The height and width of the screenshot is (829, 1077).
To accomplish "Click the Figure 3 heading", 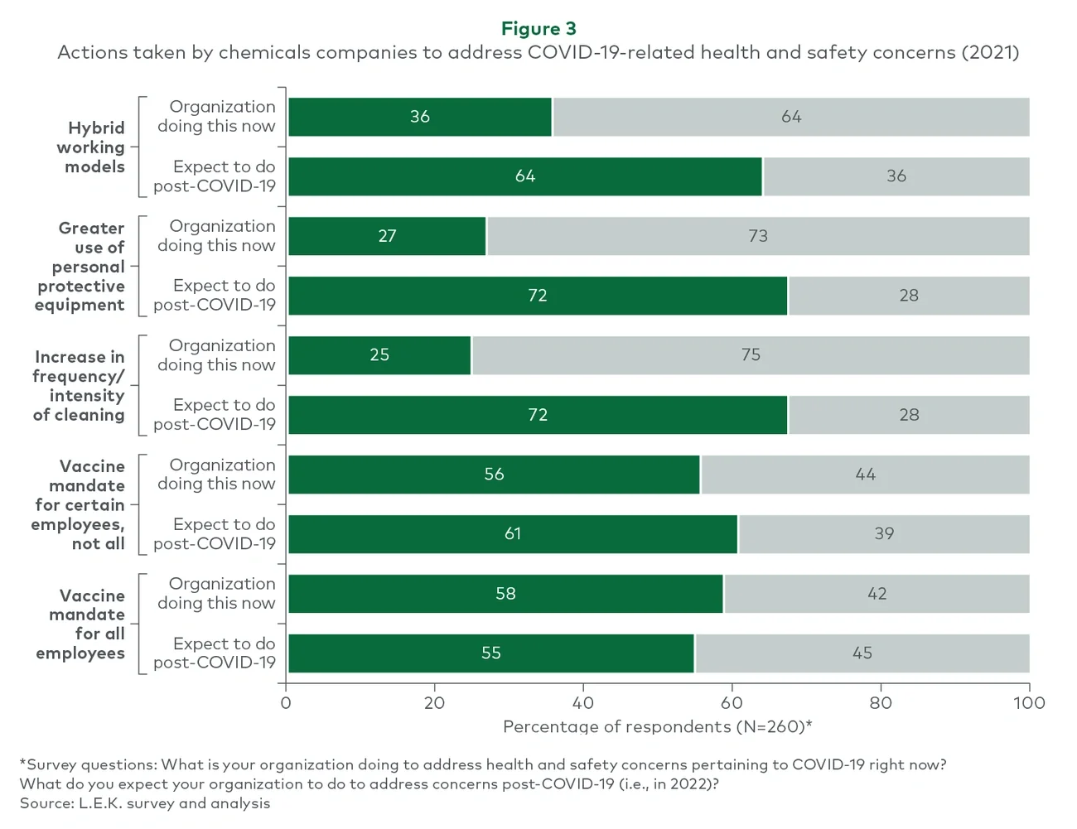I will click(x=538, y=29).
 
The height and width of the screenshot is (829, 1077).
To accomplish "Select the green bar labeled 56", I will click(x=494, y=475).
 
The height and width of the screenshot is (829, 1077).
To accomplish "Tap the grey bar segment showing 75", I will click(x=751, y=355).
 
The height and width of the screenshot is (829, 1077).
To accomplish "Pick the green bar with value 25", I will click(x=379, y=355).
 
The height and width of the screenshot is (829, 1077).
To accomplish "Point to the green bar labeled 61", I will click(x=513, y=534).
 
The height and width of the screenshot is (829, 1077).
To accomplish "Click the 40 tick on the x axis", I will click(x=582, y=703).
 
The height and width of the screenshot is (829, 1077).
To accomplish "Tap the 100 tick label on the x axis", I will click(x=1029, y=703).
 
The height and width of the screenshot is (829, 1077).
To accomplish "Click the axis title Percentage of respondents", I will click(x=657, y=726).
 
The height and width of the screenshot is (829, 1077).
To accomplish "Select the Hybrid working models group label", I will click(x=92, y=147).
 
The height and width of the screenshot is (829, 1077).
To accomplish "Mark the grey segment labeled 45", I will click(x=862, y=653).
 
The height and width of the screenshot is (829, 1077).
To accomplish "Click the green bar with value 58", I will click(x=505, y=594).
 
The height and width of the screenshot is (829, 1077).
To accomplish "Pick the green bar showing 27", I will click(x=387, y=236).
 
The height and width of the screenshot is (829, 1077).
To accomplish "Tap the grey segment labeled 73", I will click(x=758, y=236).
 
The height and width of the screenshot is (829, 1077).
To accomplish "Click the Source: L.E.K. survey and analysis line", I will click(x=145, y=803).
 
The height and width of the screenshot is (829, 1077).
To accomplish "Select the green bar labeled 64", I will click(x=525, y=176).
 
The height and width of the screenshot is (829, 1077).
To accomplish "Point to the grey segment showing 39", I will click(x=884, y=534).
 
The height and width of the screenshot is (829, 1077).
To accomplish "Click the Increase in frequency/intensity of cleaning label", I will click(x=80, y=386).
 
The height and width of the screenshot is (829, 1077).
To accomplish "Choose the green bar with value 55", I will click(x=491, y=653).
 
